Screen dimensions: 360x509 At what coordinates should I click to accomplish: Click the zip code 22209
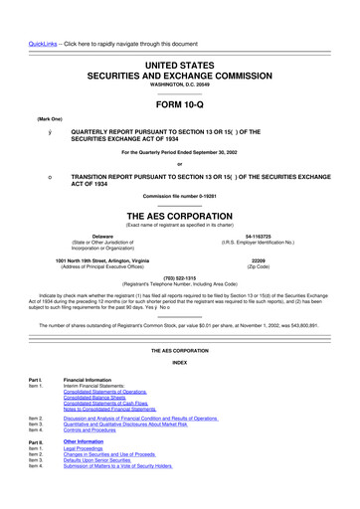268,262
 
